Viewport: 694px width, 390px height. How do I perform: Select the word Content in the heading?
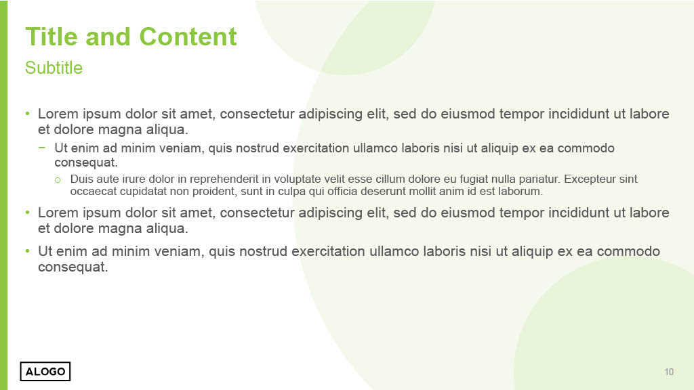coord(188,37)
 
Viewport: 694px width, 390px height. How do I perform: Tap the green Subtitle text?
coord(54,68)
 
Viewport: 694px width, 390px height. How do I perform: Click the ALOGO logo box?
coord(45,371)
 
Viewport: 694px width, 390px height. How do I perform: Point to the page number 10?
coord(669,372)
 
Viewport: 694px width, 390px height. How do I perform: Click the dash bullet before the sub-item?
coord(42,147)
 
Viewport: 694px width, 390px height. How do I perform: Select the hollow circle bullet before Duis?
coord(58,180)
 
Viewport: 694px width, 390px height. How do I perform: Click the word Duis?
coord(81,179)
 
